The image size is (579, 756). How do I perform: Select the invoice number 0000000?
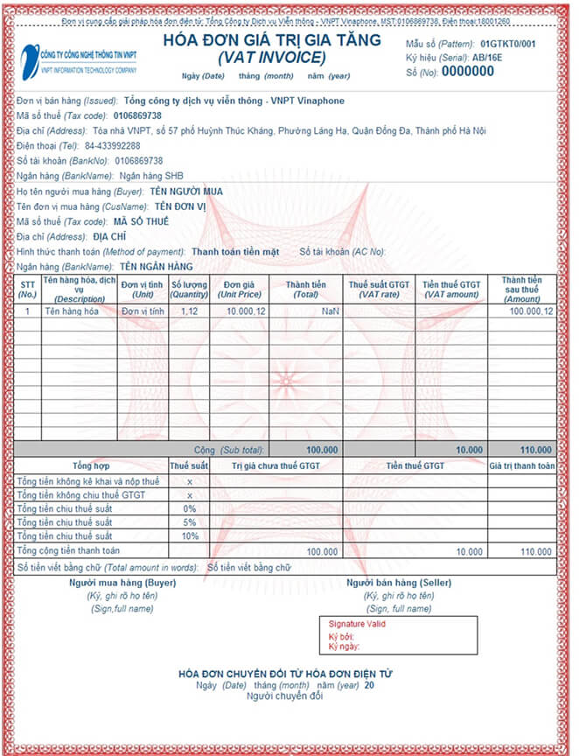(x=468, y=72)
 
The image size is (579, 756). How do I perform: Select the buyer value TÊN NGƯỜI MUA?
(x=185, y=192)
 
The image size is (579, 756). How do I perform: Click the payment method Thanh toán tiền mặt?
(x=235, y=252)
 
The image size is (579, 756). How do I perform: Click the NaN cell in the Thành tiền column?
(x=329, y=311)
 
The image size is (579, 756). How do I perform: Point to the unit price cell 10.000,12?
(x=246, y=311)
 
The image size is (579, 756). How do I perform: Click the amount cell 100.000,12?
(x=531, y=311)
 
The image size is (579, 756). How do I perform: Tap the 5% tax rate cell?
(x=189, y=522)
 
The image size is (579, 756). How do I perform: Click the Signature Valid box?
(x=398, y=635)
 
